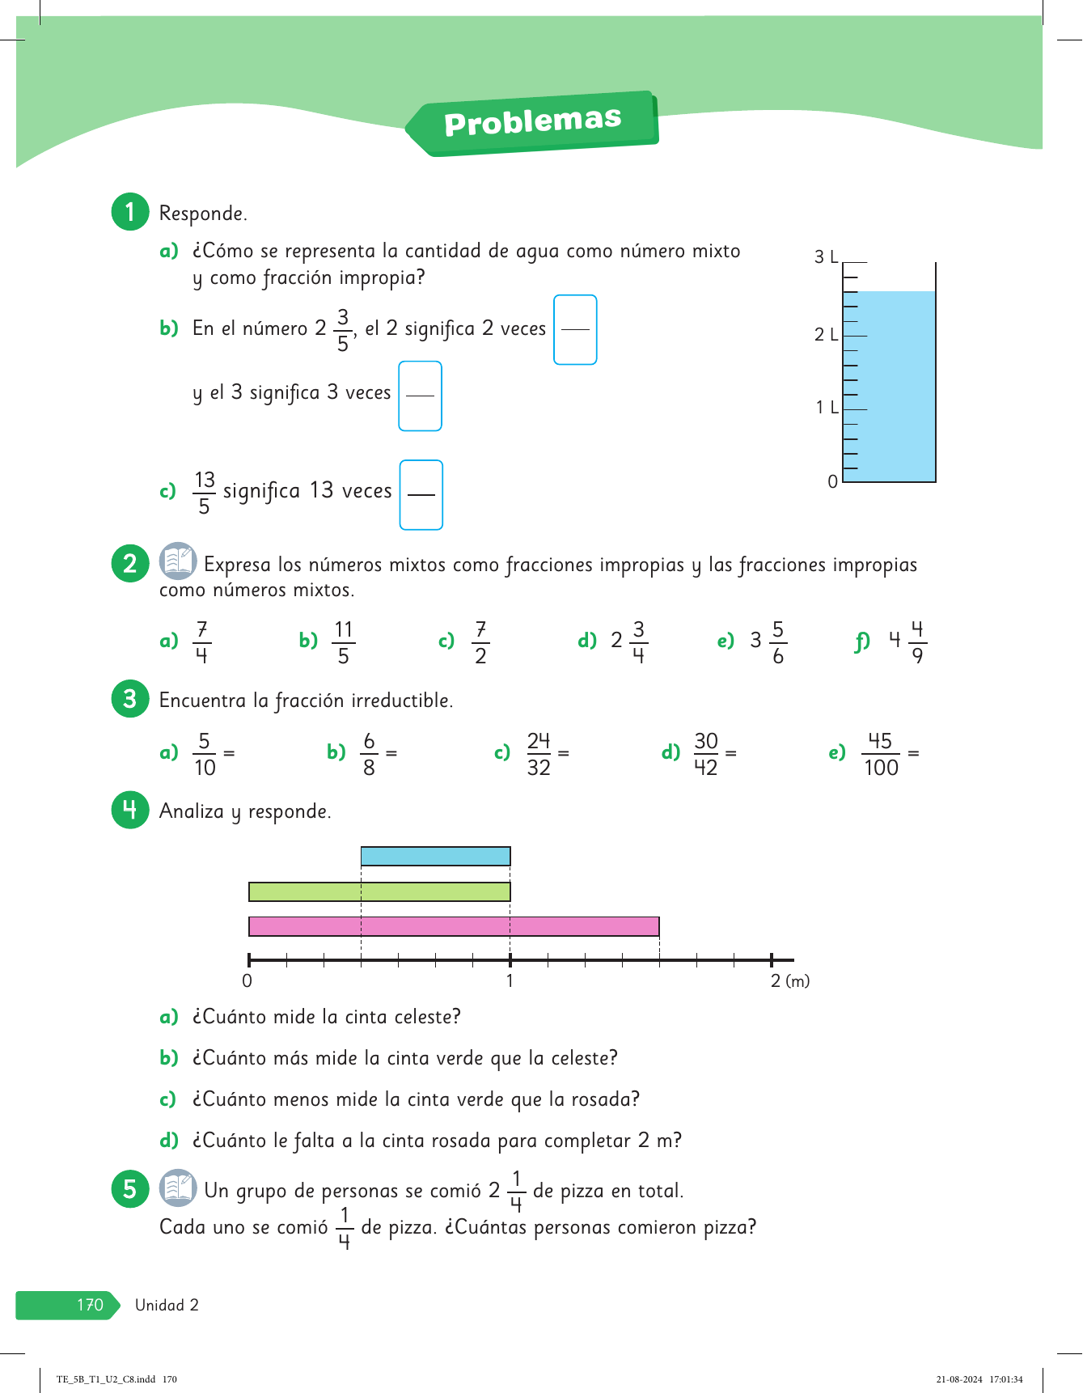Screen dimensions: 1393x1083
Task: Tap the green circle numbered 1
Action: click(130, 212)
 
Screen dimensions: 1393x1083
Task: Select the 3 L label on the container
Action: click(826, 257)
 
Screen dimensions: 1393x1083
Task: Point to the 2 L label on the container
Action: click(826, 334)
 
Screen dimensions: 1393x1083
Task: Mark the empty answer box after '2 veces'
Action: click(575, 330)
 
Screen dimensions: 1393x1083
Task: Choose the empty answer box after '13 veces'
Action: click(421, 495)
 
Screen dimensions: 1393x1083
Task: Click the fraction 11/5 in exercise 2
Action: click(344, 642)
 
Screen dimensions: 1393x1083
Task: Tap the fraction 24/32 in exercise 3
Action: click(539, 754)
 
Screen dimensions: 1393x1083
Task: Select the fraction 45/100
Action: click(881, 754)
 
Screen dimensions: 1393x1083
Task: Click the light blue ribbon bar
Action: click(435, 856)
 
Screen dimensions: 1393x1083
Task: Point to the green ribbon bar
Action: click(379, 891)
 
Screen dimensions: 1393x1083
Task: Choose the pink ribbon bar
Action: click(454, 926)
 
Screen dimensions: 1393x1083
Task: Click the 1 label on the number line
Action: click(510, 981)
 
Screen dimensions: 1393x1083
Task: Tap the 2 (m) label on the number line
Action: click(789, 981)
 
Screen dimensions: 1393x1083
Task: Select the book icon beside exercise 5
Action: click(178, 1188)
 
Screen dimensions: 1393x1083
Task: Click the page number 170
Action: click(90, 1305)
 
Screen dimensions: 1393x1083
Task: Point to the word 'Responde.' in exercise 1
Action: click(203, 214)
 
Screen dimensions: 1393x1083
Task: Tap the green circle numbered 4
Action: click(130, 810)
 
